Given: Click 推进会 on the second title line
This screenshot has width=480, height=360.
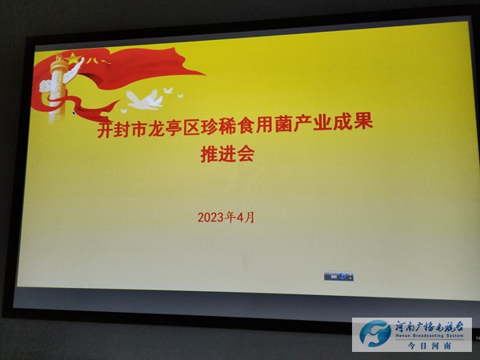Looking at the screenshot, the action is pyautogui.click(x=227, y=154).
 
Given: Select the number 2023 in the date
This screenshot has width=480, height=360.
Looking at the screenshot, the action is pyautogui.click(x=210, y=218).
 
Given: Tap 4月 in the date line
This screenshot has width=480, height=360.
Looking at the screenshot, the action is pyautogui.click(x=246, y=218).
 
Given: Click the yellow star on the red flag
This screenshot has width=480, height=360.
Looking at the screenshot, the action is pyautogui.click(x=73, y=58).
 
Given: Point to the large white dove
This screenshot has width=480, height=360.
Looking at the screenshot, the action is pyautogui.click(x=145, y=99).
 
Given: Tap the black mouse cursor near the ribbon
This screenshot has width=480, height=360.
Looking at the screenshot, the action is pyautogui.click(x=74, y=114).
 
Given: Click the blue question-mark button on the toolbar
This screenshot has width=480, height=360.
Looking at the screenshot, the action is pyautogui.click(x=342, y=276).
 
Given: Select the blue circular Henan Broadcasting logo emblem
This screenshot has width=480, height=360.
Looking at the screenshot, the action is pyautogui.click(x=375, y=334).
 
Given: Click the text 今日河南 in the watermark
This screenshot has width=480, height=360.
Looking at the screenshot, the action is pyautogui.click(x=430, y=346).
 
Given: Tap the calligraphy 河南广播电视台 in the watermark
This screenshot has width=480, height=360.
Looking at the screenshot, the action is pyautogui.click(x=429, y=326).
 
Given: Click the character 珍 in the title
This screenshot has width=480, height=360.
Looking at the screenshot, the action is pyautogui.click(x=210, y=127).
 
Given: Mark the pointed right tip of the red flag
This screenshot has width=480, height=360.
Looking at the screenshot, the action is pyautogui.click(x=205, y=74).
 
